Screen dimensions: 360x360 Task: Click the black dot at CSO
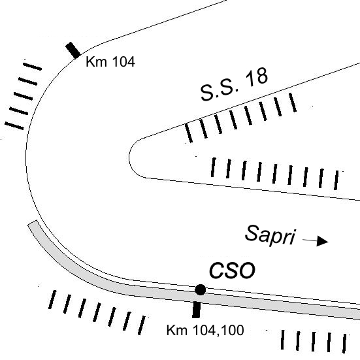coord(200,289)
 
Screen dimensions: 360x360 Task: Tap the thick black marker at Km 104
coord(73,50)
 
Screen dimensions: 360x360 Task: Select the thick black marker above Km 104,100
coord(196,310)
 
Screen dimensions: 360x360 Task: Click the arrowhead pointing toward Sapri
coord(322,241)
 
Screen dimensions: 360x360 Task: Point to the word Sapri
coord(270,235)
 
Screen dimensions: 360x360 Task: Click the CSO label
coord(232,270)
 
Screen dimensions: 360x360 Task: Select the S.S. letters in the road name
coord(220,91)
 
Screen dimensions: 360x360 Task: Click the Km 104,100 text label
coord(205,331)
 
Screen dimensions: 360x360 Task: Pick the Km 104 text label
coord(110,62)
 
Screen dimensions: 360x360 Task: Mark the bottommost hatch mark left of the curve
coord(14,126)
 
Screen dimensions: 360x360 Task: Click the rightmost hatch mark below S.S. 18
coord(293,103)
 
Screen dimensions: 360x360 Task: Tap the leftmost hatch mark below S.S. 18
coord(189,133)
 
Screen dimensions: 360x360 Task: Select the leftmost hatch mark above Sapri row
coord(213,167)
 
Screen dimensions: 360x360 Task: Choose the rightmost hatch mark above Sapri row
coord(336,180)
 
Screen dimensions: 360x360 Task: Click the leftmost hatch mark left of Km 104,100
coord(52,300)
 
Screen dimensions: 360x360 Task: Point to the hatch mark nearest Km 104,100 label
coord(142,325)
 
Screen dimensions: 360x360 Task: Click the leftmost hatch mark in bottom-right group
coord(283,340)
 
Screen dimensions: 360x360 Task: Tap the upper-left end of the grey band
coord(33,223)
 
